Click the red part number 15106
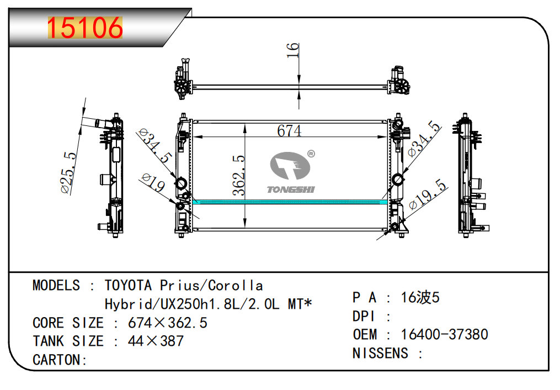pos(85,28)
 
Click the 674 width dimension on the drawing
pos(289,131)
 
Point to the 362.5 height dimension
pos(239,175)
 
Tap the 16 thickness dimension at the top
pos(292,50)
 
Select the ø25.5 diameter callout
pos(68,172)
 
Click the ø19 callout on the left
pos(153,182)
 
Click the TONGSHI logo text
pos(291,189)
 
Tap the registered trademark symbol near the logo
pos(311,154)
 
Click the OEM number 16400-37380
pos(444,335)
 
